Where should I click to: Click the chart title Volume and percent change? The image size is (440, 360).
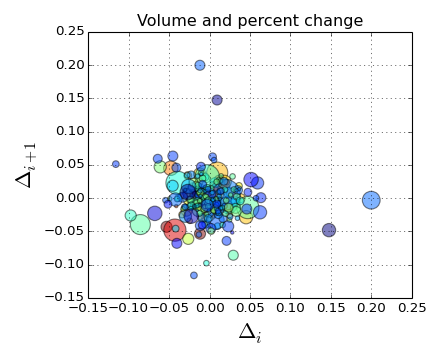250,21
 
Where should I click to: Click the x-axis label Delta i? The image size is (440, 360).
249,333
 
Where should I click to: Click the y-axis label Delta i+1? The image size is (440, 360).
27,164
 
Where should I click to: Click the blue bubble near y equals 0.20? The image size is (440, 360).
200,65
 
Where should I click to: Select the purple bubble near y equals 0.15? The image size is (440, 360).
217,100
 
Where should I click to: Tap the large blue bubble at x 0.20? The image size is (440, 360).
371,200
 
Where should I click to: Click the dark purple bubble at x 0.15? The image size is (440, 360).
329,230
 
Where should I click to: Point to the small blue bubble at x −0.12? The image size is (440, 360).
116,164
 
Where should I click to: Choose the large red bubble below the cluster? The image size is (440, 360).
175,231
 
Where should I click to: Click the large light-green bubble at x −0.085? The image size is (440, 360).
141,224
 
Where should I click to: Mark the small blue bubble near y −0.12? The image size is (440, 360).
194,275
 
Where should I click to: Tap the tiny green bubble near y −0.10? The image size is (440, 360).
207,263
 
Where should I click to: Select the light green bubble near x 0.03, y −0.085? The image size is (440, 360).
233,255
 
